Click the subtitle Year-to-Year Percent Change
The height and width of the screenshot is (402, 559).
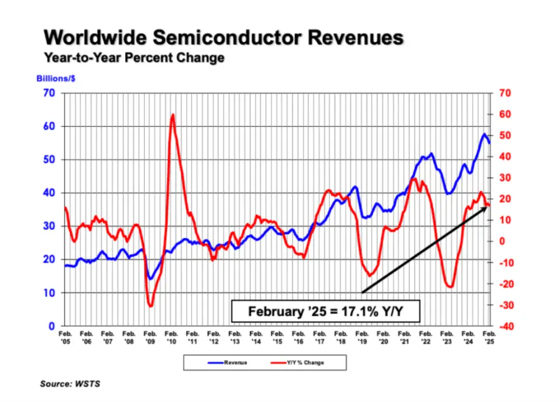pos(135,58)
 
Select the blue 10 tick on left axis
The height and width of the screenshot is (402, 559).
pos(52,293)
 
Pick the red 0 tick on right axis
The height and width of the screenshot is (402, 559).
pos(501,241)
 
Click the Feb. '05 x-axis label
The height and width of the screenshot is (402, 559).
pos(65,337)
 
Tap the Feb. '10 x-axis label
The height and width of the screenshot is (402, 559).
pos(171,337)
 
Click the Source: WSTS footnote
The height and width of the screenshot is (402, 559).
pos(66,384)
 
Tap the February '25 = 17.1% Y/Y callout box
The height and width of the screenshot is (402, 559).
pos(326,311)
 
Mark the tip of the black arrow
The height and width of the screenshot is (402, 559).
pos(487,207)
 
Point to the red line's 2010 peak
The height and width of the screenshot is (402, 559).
pos(173,115)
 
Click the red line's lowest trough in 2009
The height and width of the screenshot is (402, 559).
pos(150,305)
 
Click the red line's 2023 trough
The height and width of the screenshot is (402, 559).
pos(450,287)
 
